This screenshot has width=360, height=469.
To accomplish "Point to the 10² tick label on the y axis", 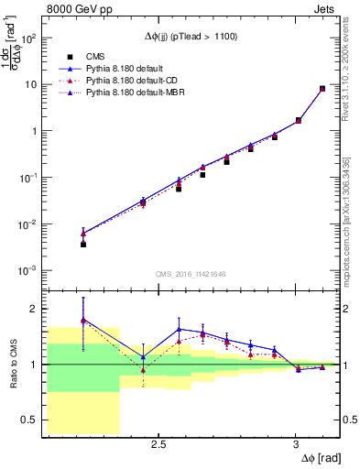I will click(27, 38).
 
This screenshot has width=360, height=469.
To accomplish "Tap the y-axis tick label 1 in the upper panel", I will click(33, 131).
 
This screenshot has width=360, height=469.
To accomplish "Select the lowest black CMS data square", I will click(83, 245).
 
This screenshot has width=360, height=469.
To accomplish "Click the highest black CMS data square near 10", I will click(322, 89).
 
